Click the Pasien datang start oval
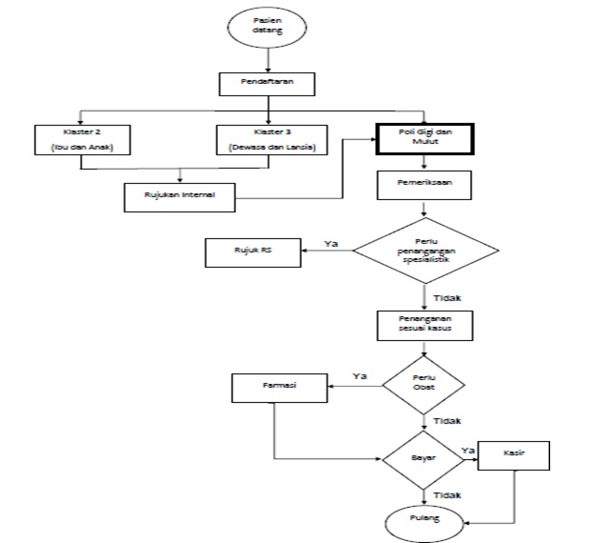coord(268,27)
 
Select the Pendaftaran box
coord(268,84)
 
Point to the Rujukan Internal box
coord(181,197)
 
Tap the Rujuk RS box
coord(253,253)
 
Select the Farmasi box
coord(281,387)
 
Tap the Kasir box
coord(514,456)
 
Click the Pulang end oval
coord(424,520)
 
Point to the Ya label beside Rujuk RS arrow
coord(331,244)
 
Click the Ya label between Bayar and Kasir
coord(468,448)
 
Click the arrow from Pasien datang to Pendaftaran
coord(268,58)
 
